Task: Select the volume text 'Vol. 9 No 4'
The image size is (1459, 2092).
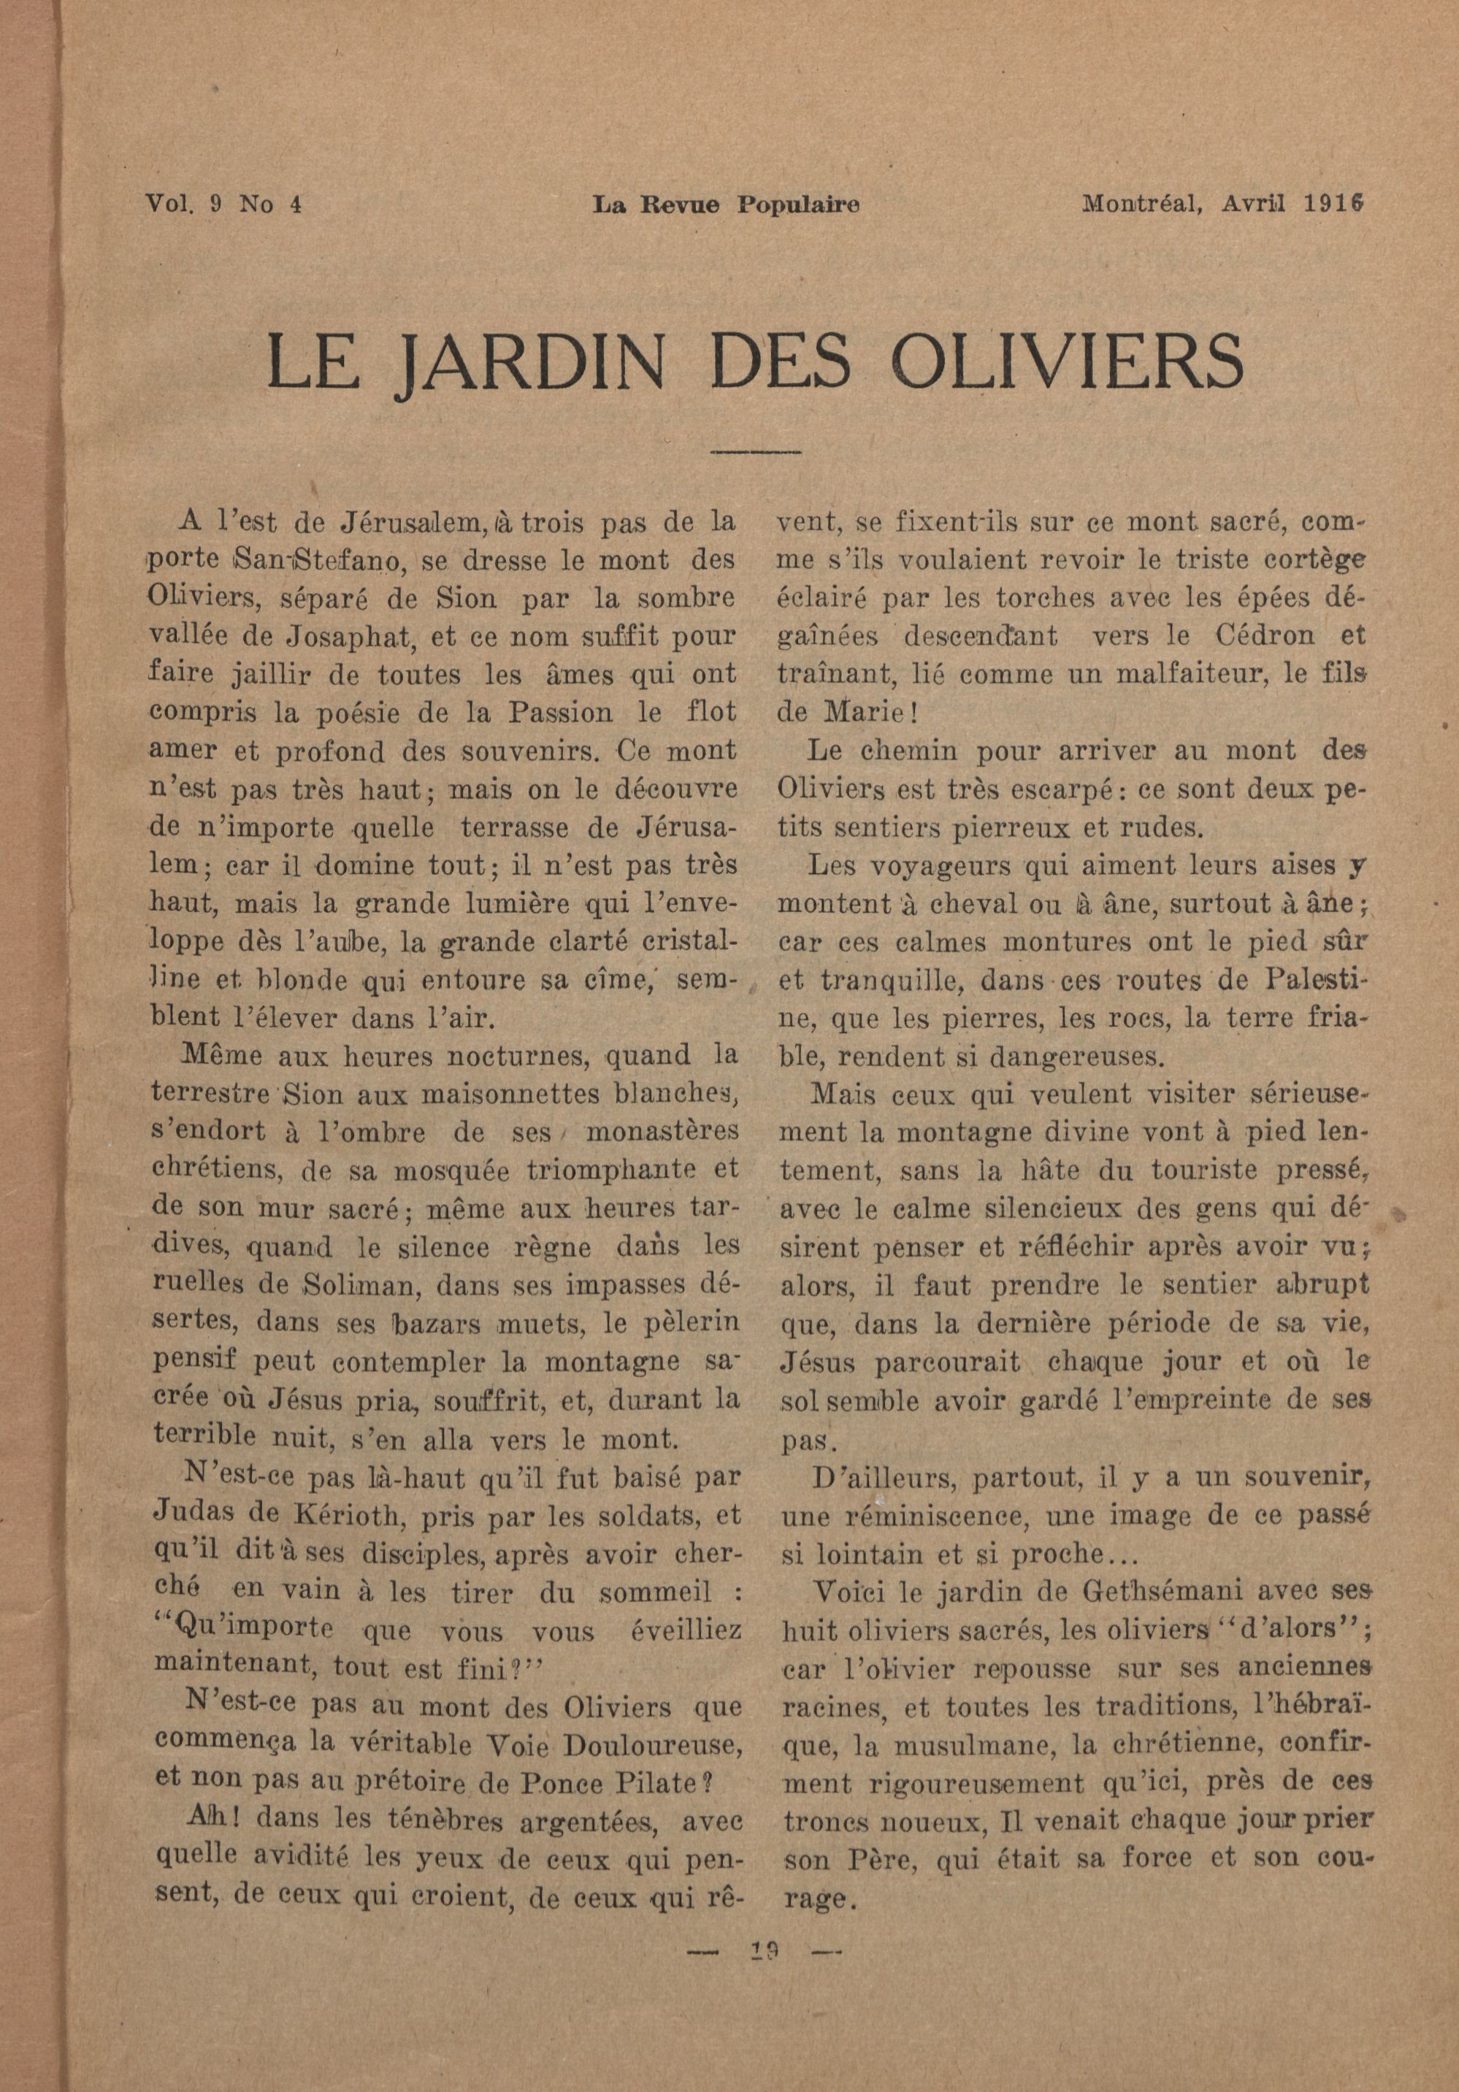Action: [223, 205]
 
